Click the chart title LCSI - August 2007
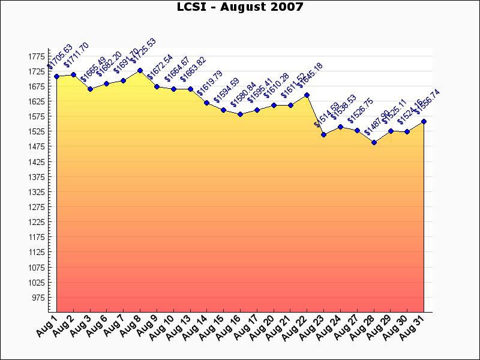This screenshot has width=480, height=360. tap(240, 7)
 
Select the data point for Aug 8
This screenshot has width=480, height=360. tap(140, 70)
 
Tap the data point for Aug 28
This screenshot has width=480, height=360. tap(374, 142)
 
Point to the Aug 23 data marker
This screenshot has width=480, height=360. tap(323, 134)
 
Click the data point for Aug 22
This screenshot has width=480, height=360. tap(307, 95)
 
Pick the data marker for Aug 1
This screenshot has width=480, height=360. tap(56, 76)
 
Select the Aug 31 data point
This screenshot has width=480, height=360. tap(424, 121)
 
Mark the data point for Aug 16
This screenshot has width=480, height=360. tap(240, 114)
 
